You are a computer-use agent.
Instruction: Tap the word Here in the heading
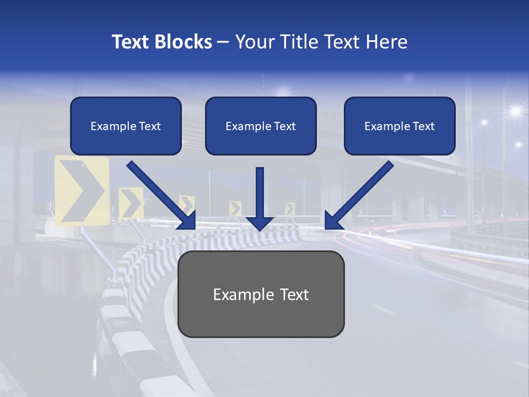(x=386, y=42)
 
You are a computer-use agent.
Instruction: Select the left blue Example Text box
(x=126, y=126)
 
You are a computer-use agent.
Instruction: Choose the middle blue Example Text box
(x=261, y=126)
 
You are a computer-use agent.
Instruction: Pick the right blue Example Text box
(x=400, y=126)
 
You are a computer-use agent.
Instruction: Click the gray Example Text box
(x=261, y=294)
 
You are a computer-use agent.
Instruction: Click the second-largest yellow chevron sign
(x=131, y=203)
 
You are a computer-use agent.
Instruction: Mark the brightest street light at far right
(x=515, y=111)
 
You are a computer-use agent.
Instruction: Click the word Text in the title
(x=129, y=42)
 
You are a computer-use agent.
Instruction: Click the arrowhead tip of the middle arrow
(x=260, y=228)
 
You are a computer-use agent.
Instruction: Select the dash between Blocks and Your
(x=223, y=42)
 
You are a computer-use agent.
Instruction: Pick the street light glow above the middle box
(x=283, y=91)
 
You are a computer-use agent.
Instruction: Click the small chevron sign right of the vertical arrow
(x=290, y=208)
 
